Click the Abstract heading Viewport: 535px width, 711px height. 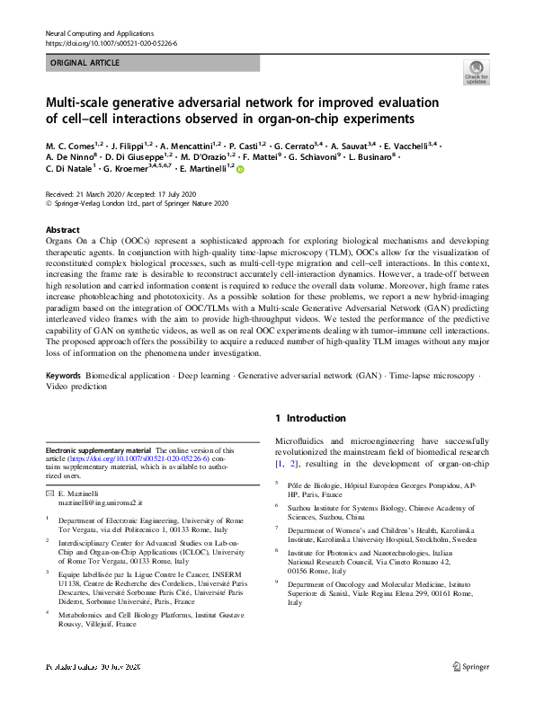coord(62,229)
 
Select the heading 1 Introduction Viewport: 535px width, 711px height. coord(311,418)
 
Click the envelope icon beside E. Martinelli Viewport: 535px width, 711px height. coord(49,495)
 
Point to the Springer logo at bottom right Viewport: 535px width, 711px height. coord(471,692)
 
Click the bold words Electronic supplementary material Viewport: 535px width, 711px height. coord(99,451)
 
